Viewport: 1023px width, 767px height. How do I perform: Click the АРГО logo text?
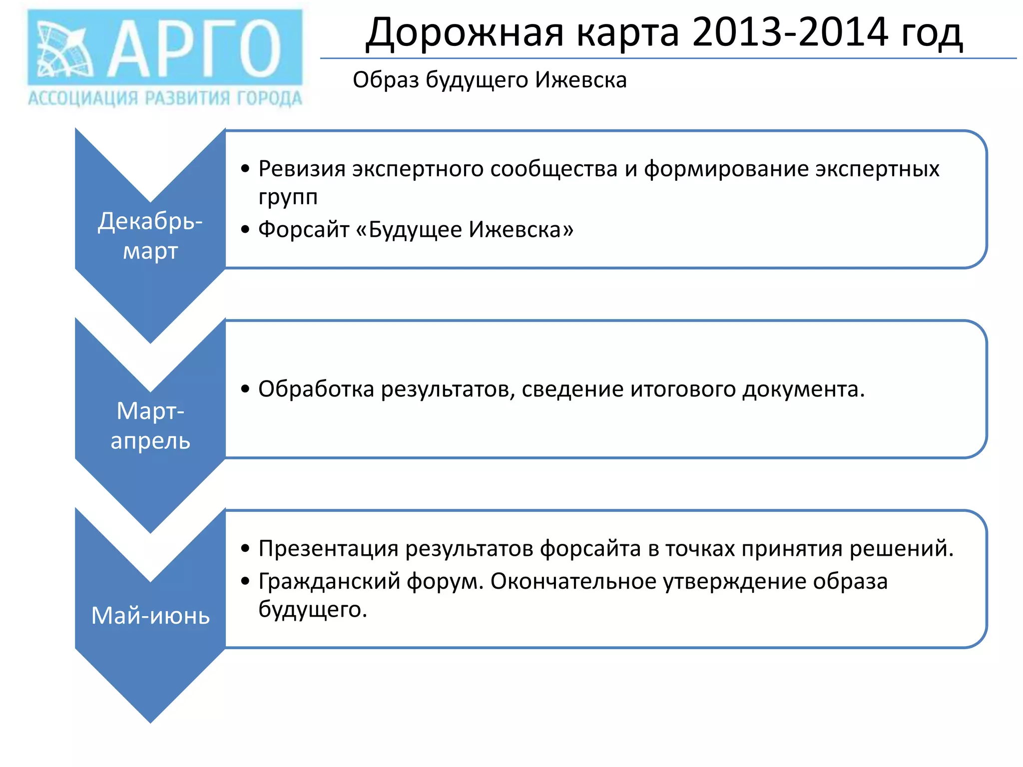[x=195, y=49]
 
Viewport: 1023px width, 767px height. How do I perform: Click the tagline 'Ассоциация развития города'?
[x=165, y=98]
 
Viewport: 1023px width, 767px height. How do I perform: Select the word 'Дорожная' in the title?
[x=465, y=33]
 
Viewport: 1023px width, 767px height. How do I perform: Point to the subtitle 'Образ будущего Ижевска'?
[x=490, y=80]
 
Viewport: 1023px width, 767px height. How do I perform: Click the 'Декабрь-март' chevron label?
[x=150, y=236]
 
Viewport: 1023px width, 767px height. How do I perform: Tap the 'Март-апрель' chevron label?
[x=150, y=425]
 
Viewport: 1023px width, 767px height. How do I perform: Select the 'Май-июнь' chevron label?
[x=150, y=615]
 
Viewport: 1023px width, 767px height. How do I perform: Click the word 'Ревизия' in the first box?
[x=302, y=169]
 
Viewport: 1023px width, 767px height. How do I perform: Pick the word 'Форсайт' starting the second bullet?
[x=304, y=230]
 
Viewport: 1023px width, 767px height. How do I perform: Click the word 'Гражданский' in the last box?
[x=329, y=581]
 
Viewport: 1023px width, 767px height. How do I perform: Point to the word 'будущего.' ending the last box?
[x=313, y=609]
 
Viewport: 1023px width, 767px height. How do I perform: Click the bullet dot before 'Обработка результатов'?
[x=245, y=389]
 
